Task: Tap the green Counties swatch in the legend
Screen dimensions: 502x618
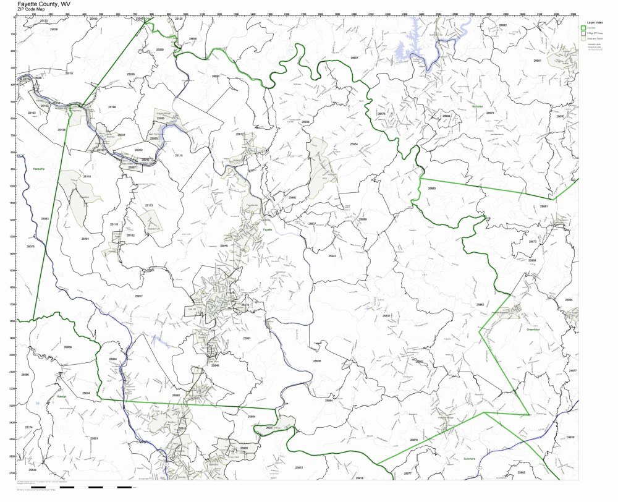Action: point(583,28)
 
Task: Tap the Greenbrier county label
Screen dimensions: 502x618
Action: point(534,330)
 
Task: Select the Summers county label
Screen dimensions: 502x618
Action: point(472,459)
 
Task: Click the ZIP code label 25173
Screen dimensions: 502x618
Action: point(149,205)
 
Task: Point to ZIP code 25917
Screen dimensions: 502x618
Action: point(138,296)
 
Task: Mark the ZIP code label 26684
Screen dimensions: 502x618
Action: point(446,116)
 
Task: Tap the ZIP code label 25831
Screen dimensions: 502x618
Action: point(386,315)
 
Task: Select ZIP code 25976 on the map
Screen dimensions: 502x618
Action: point(413,440)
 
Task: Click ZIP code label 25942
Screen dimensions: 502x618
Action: point(332,255)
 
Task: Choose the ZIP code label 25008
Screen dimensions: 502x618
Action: point(68,347)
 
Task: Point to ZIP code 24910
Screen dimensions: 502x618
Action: point(569,436)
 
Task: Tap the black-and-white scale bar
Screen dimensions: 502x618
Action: point(99,488)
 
